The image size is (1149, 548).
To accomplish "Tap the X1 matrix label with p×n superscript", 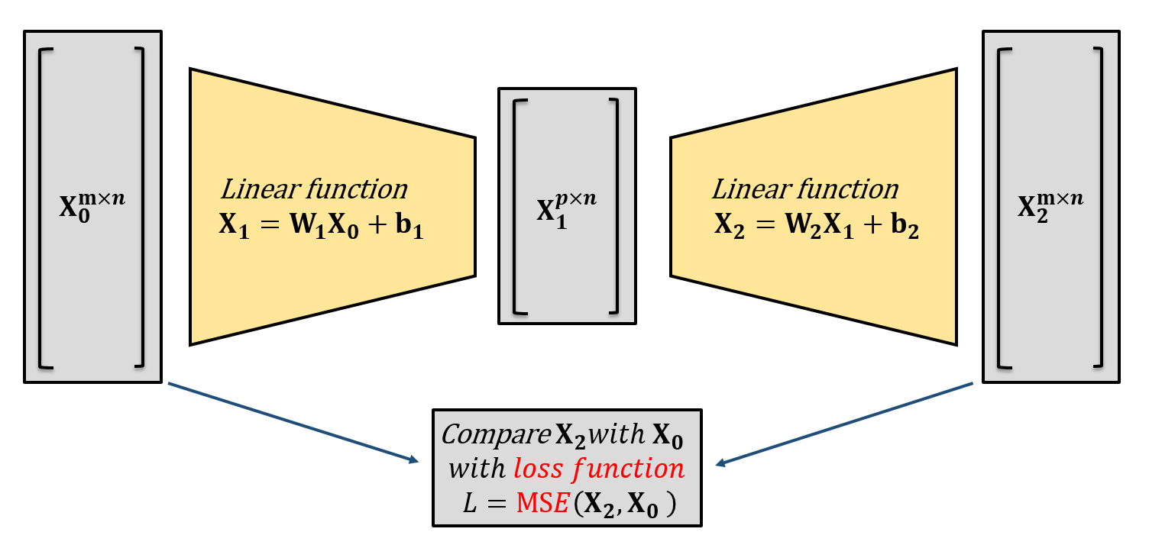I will click(566, 209).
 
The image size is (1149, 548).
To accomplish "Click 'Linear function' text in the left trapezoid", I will click(314, 189).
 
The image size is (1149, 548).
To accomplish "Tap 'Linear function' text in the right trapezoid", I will click(805, 189).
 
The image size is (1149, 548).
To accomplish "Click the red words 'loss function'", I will click(599, 468).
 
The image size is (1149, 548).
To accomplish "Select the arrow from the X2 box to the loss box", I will click(845, 423).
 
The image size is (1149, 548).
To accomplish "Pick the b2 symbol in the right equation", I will click(906, 230).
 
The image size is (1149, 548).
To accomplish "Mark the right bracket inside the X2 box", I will click(1098, 206).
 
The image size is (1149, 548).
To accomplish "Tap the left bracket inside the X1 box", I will click(518, 206).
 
